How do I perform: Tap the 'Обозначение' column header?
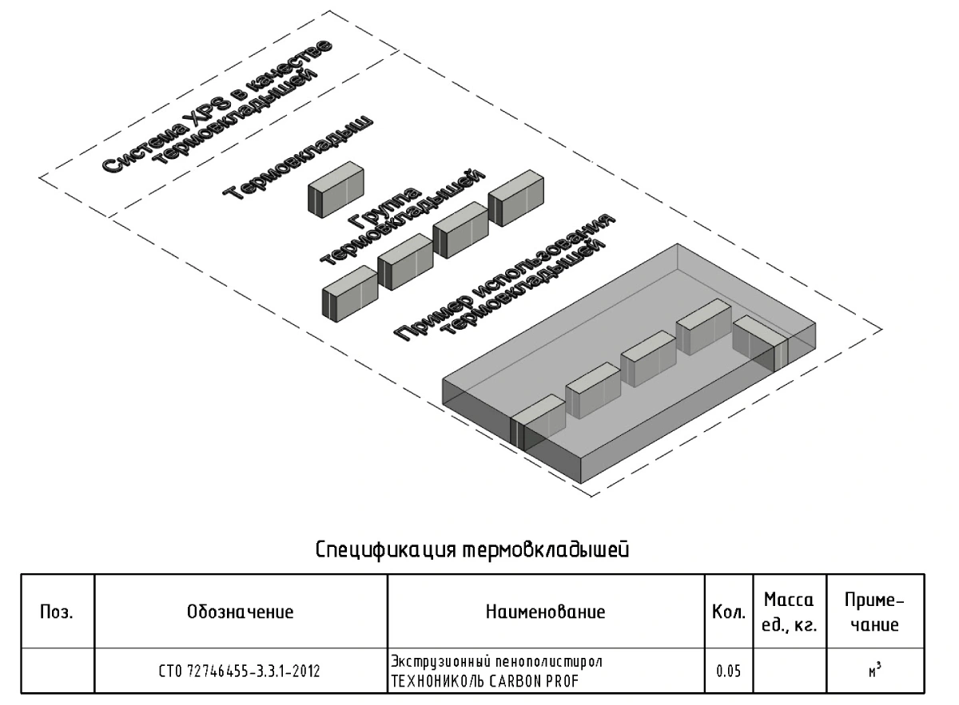point(241,612)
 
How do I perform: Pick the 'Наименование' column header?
point(545,612)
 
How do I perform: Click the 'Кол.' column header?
point(722,613)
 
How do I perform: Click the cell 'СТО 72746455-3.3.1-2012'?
point(241,671)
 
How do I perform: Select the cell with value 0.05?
point(722,671)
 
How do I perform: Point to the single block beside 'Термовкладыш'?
point(336,188)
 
